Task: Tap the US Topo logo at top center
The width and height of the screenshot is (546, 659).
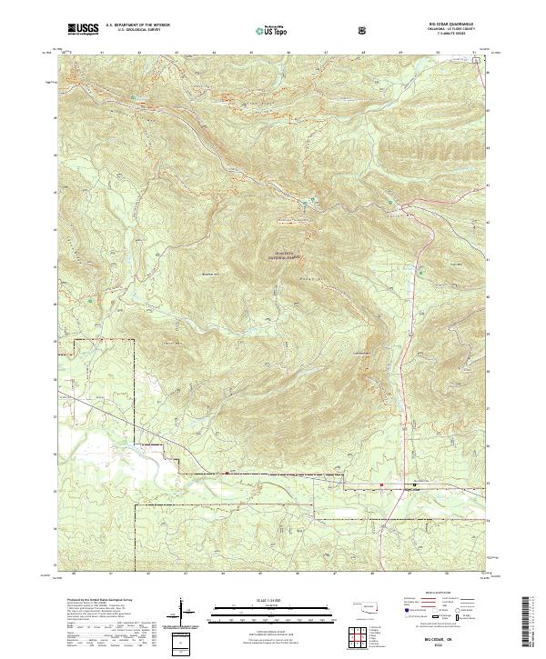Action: tap(272, 31)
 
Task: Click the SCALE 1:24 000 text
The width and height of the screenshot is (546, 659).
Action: tap(272, 600)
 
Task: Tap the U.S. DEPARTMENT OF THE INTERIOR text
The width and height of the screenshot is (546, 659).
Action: tap(138, 27)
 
